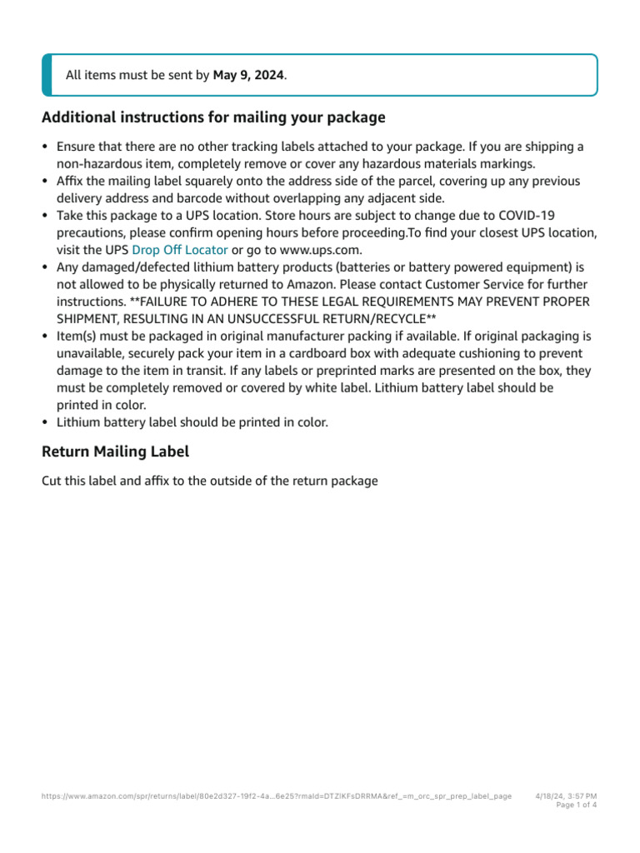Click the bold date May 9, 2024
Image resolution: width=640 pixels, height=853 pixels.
248,75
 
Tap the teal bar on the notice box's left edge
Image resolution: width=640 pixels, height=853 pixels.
46,75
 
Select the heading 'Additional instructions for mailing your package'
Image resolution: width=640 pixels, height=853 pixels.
213,117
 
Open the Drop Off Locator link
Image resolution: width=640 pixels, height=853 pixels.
179,250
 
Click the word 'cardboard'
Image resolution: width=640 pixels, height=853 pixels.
325,353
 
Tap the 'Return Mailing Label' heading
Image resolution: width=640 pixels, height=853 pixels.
115,451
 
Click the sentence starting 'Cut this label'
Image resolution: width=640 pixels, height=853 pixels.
209,481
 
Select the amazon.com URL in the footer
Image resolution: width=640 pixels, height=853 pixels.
276,796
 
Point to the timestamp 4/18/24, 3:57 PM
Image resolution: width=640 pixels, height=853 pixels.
566,796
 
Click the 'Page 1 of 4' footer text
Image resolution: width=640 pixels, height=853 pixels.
576,806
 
